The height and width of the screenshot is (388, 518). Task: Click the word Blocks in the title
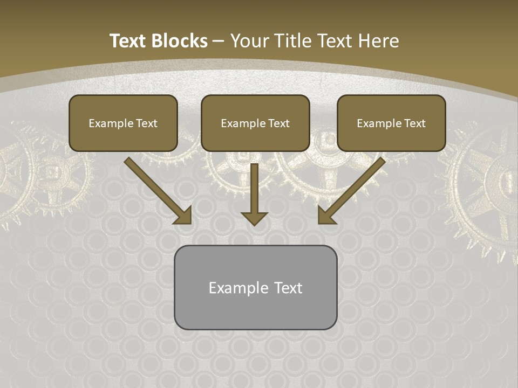[181, 41]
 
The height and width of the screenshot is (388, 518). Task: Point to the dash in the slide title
[219, 41]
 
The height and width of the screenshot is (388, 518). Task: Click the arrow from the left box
[156, 190]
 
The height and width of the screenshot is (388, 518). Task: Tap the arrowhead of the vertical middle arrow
[254, 218]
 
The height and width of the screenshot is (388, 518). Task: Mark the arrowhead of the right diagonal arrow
[326, 217]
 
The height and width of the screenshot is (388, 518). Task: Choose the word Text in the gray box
[288, 288]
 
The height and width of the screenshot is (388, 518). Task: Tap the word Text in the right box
[414, 123]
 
